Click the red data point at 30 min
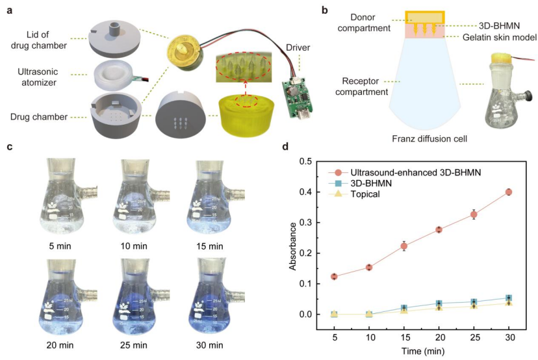[x=508, y=192]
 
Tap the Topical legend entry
[x=366, y=194]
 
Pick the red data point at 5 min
[x=334, y=276]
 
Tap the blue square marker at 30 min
[x=508, y=298]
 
